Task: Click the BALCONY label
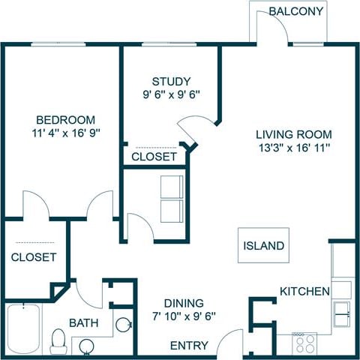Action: (296, 11)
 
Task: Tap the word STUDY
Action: (171, 81)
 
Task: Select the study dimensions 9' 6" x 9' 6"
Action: (171, 94)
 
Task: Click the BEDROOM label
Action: (67, 120)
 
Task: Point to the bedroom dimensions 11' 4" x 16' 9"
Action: (67, 133)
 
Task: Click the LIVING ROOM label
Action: (292, 134)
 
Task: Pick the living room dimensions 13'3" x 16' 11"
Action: (292, 148)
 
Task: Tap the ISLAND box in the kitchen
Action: (263, 245)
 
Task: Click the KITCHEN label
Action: (304, 291)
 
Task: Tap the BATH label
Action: (84, 322)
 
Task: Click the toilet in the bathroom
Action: (58, 341)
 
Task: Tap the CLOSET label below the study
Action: (154, 157)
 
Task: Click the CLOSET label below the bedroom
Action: (34, 256)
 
